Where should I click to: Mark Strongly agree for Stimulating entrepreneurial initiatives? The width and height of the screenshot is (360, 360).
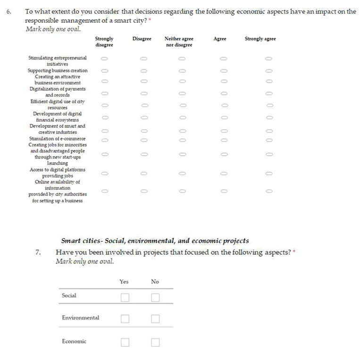click(268, 59)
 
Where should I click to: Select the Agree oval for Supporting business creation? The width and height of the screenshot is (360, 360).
click(224, 70)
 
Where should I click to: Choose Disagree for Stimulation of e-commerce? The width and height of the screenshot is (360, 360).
click(144, 140)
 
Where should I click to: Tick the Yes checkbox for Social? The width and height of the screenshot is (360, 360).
click(125, 297)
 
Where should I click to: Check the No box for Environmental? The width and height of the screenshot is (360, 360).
click(155, 319)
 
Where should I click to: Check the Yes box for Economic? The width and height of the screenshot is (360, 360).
click(125, 342)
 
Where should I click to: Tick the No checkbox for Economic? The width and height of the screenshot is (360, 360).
click(155, 342)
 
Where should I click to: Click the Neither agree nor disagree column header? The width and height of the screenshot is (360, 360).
click(179, 42)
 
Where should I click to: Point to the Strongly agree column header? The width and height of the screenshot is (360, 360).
click(260, 39)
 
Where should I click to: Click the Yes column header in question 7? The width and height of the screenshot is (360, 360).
click(124, 282)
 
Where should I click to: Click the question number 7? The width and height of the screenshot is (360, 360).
click(38, 252)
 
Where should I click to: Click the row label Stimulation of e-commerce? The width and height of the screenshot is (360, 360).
click(58, 139)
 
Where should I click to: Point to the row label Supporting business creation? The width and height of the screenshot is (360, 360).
click(58, 70)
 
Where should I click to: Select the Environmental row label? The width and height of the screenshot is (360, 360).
click(81, 318)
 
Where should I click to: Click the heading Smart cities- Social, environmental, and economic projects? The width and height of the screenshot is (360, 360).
click(155, 241)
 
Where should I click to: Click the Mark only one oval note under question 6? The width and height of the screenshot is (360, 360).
click(53, 29)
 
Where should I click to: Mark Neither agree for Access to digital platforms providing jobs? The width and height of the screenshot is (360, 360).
click(182, 173)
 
